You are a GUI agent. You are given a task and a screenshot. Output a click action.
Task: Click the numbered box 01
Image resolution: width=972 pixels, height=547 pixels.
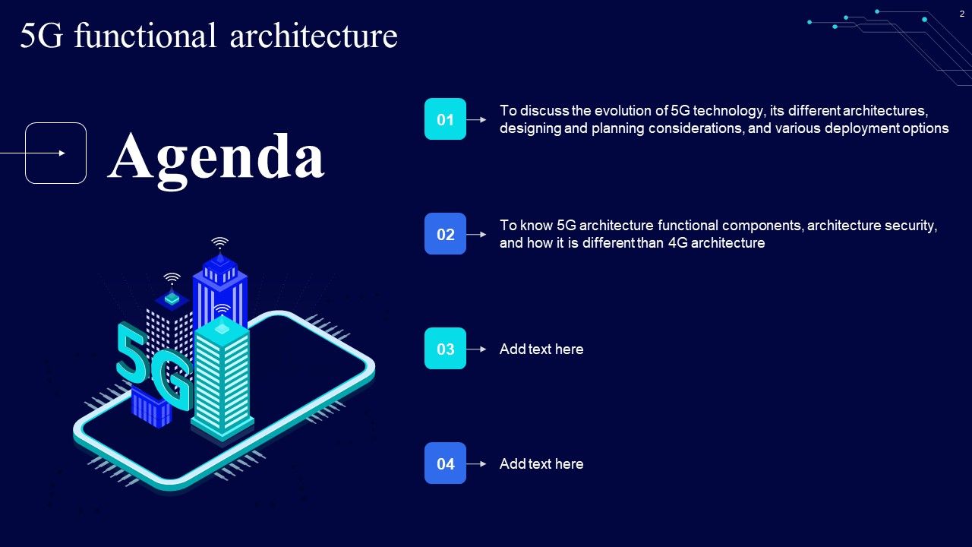(x=445, y=119)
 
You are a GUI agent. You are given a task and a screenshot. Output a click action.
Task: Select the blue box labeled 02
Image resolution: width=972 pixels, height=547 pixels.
(x=445, y=234)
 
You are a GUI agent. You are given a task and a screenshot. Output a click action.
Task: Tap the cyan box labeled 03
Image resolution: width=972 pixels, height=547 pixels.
(x=445, y=349)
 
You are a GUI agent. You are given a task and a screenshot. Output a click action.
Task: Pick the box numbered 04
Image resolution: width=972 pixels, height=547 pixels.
(x=445, y=463)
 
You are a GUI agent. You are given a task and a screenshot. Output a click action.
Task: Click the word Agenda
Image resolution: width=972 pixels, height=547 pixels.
(x=216, y=156)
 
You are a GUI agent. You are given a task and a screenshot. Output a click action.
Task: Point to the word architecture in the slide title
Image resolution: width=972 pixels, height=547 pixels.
(x=313, y=36)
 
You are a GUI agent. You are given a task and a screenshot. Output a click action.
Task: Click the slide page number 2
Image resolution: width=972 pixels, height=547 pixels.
(x=961, y=14)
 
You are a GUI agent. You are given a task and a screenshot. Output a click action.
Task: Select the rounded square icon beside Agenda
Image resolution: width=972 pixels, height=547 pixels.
(x=56, y=153)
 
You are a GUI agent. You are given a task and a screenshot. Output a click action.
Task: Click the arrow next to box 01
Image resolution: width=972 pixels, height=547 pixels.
(x=477, y=119)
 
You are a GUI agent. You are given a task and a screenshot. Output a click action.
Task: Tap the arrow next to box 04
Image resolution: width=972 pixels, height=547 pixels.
(x=477, y=463)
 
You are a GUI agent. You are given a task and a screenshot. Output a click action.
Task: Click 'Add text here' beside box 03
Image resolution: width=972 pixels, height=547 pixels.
(x=541, y=349)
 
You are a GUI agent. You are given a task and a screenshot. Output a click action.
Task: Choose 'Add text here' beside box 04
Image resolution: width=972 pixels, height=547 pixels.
(x=541, y=464)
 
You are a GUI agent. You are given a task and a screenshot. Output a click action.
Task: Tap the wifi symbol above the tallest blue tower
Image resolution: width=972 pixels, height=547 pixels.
(x=219, y=243)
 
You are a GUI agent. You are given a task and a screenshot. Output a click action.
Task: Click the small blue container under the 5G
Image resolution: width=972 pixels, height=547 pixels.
(x=151, y=406)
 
